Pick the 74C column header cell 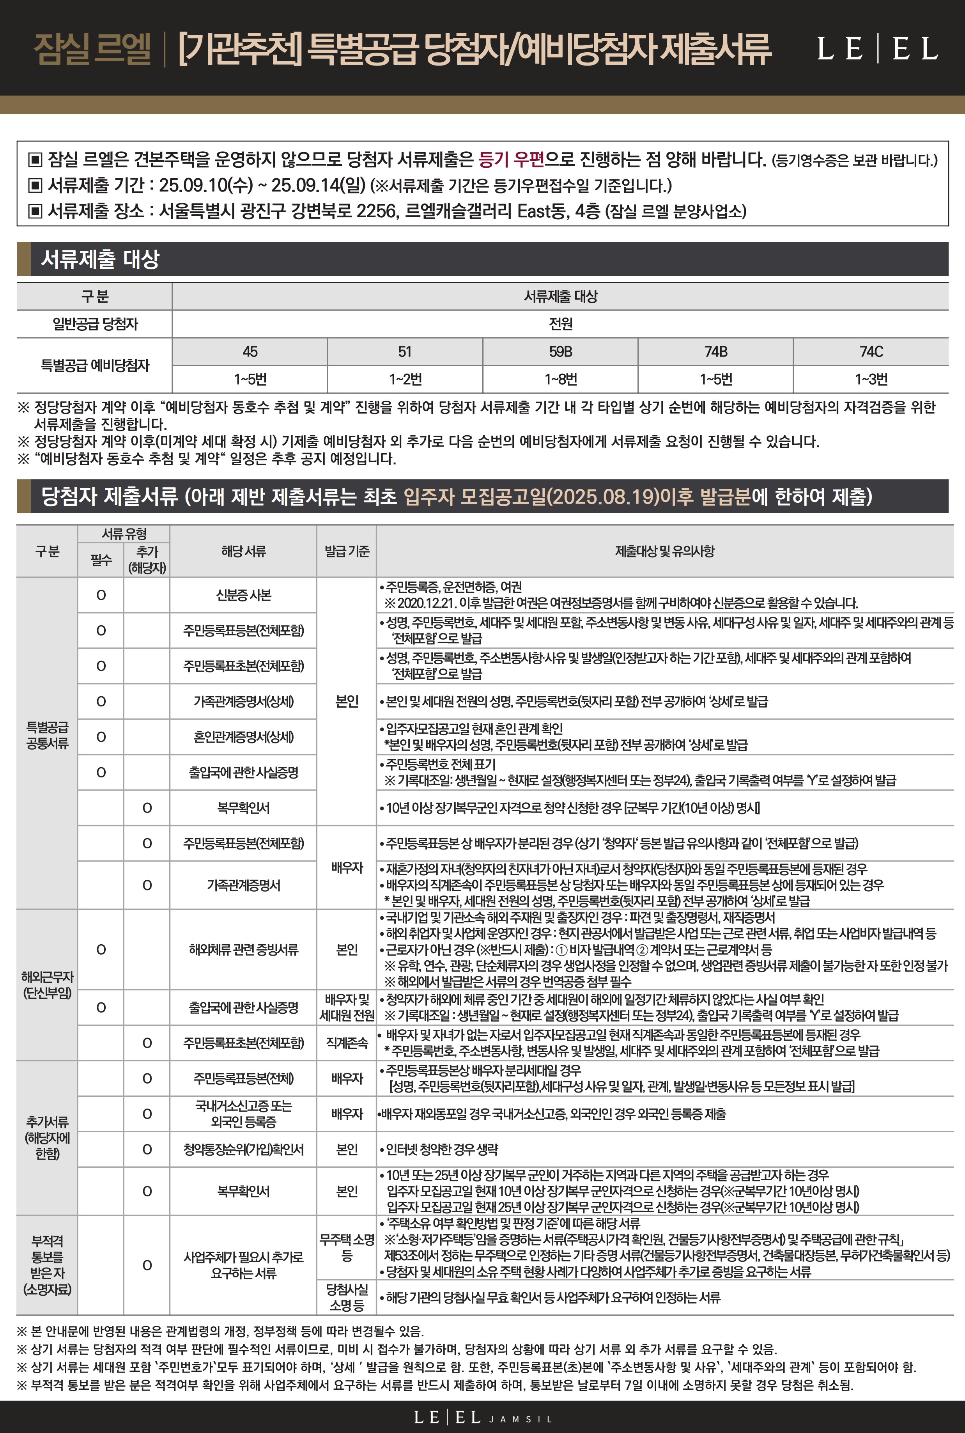871,351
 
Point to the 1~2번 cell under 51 405,379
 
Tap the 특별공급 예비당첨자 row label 95,365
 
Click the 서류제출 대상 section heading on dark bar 100,259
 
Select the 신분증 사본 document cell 243,595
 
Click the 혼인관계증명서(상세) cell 243,737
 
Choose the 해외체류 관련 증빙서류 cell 243,949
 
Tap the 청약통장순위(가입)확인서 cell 243,1149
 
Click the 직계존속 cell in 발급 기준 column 347,1043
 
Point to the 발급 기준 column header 347,551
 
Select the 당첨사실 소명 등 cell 347,1297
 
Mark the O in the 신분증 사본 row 101,595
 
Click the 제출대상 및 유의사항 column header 665,551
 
